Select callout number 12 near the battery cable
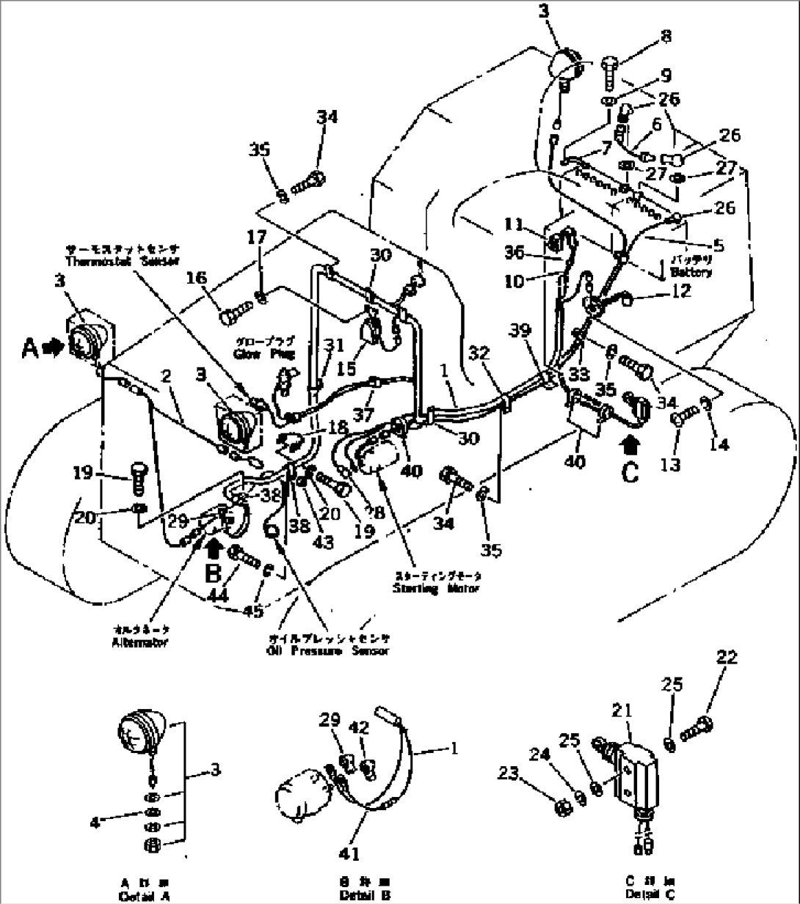pos(680,292)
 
